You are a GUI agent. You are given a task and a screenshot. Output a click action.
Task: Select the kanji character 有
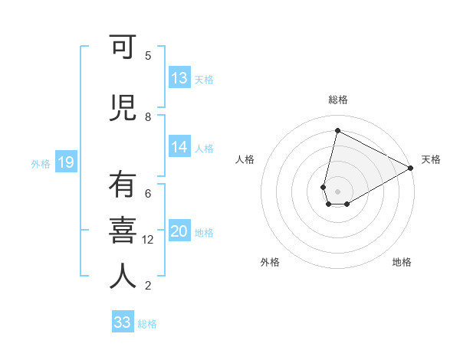click(123, 186)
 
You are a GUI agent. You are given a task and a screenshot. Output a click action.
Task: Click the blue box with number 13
click(179, 78)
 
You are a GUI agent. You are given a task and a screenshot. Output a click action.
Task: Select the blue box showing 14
click(179, 147)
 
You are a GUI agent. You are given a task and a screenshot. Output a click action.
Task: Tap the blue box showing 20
click(179, 231)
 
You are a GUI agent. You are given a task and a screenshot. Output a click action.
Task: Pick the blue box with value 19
click(65, 162)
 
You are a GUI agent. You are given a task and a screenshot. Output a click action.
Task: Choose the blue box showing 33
click(123, 322)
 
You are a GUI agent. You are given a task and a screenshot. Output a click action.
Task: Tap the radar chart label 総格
click(338, 100)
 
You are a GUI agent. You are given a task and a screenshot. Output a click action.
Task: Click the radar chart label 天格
click(431, 159)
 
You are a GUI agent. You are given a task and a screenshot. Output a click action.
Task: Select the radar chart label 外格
click(270, 262)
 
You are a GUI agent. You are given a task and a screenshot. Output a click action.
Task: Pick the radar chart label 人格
click(245, 159)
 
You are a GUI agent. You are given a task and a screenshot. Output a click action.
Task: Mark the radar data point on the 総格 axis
click(337, 131)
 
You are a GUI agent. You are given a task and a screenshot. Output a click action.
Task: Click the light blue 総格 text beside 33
click(147, 324)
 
